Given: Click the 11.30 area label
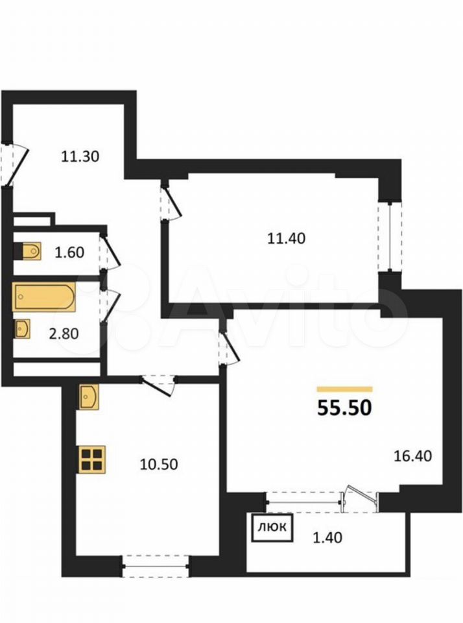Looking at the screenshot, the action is (x=80, y=156).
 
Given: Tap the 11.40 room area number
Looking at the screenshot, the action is (x=286, y=238).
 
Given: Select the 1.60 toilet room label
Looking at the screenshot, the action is (x=69, y=252).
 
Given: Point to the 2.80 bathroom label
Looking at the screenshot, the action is (x=64, y=334).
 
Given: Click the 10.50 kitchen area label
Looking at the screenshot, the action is (x=159, y=464).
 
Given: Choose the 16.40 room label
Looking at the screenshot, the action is (x=412, y=456).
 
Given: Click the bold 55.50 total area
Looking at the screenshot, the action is (x=344, y=408).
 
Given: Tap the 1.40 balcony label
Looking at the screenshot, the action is (x=327, y=537).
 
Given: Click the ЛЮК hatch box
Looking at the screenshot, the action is (x=273, y=528).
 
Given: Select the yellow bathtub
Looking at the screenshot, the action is (x=43, y=297).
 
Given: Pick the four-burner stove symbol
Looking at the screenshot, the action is (x=92, y=460).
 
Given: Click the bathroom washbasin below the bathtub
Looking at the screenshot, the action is (x=22, y=330).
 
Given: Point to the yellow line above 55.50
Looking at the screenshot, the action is (x=344, y=389).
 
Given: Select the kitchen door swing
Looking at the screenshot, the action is (x=159, y=385).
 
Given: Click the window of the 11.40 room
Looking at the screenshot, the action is (x=390, y=238).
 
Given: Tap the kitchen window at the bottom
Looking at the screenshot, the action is (x=156, y=566).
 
